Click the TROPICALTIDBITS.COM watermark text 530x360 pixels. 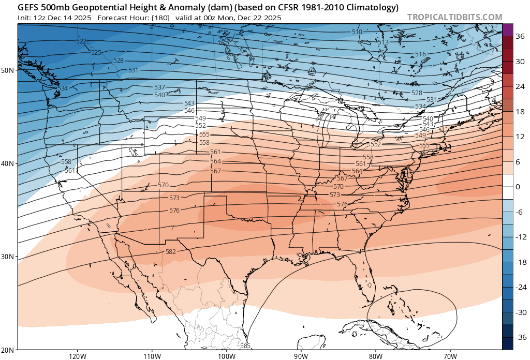pyautogui.click(x=454, y=17)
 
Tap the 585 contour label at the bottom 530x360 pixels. pyautogui.click(x=245, y=346)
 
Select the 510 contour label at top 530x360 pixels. pyautogui.click(x=357, y=32)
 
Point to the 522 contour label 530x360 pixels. pyautogui.click(x=81, y=41)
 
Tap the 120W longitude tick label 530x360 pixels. pyautogui.click(x=77, y=356)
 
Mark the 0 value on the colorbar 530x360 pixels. pyautogui.click(x=518, y=187)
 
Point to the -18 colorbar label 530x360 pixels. pyautogui.click(x=519, y=262)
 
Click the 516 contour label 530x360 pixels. pyautogui.click(x=420, y=54)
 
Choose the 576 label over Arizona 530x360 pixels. pyautogui.click(x=174, y=211)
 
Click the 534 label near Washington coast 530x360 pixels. pyautogui.click(x=63, y=88)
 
